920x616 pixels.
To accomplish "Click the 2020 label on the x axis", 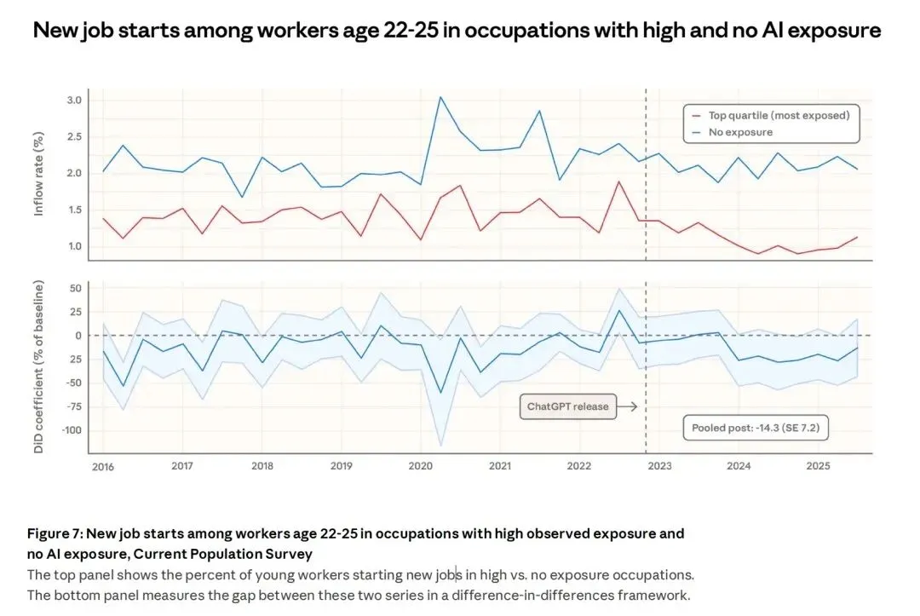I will pyautogui.click(x=420, y=466).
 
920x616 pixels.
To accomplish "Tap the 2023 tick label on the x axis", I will pyautogui.click(x=659, y=466).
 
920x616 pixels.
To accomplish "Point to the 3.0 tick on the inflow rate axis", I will pyautogui.click(x=74, y=101).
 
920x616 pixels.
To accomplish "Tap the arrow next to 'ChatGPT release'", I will pyautogui.click(x=627, y=406).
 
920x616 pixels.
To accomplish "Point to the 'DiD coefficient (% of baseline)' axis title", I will pyautogui.click(x=38, y=368).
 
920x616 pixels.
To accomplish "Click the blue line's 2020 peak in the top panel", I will pyautogui.click(x=440, y=97).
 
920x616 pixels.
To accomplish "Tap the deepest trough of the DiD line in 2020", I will pyautogui.click(x=440, y=393).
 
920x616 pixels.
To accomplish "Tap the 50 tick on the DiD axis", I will pyautogui.click(x=75, y=288).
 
